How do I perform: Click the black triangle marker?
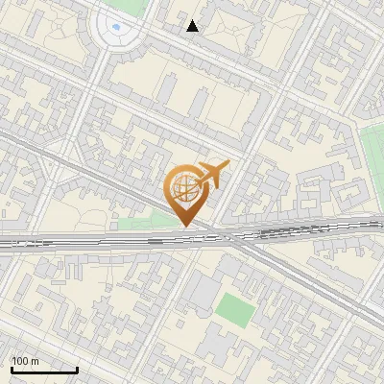[193, 26]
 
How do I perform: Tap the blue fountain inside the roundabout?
[117, 27]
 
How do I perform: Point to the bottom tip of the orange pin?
[184, 227]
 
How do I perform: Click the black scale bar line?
[44, 369]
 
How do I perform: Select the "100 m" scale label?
[25, 361]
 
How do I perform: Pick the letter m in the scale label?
[35, 361]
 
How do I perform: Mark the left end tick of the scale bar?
[12, 368]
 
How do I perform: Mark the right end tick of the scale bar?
[77, 368]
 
